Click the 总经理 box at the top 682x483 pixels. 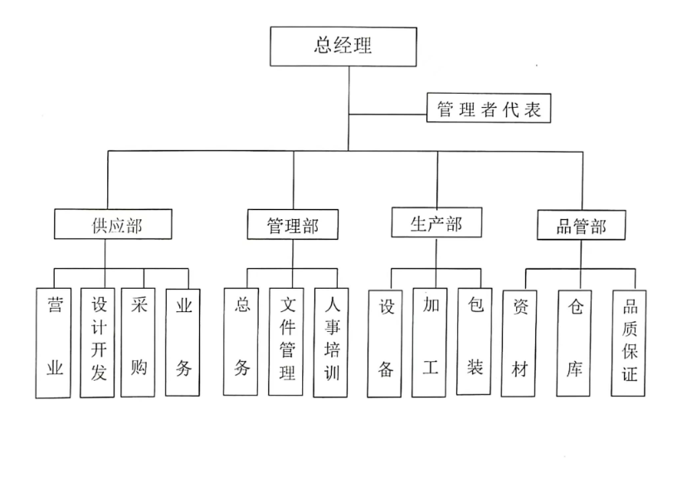point(343,46)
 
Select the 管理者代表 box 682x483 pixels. point(489,108)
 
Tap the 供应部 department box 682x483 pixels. point(113,224)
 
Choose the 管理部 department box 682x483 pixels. point(293,225)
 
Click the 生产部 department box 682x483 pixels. point(436,222)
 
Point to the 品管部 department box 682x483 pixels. point(581,225)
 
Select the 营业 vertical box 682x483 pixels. point(53,343)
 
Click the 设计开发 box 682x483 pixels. point(97,343)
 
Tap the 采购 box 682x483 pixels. point(138,342)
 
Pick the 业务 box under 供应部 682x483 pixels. point(183,343)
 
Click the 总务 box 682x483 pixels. point(241,342)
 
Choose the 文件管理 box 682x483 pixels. point(285,342)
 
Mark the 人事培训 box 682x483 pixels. point(330,343)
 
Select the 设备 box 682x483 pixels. point(385,344)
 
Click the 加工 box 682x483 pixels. point(430,343)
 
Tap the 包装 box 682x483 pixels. point(475,341)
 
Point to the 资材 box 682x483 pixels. point(519,344)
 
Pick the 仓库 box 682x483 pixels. point(574,344)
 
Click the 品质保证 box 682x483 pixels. point(629,344)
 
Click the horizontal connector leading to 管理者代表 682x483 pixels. point(388,115)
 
